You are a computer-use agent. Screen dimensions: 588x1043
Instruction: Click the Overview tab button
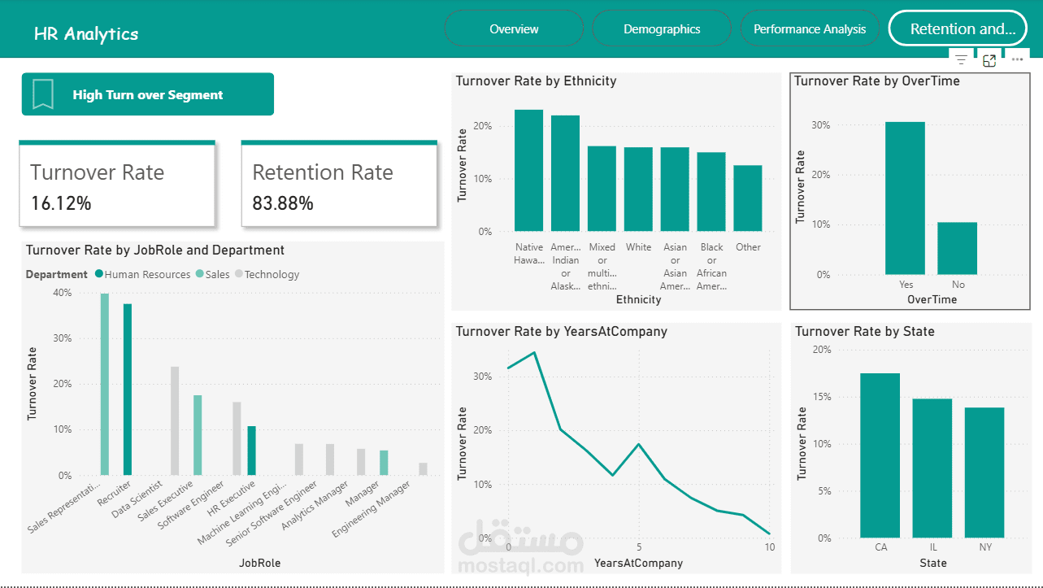pos(514,29)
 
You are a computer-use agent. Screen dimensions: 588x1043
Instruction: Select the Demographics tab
pos(662,29)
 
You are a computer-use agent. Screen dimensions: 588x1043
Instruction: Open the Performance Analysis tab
pos(810,29)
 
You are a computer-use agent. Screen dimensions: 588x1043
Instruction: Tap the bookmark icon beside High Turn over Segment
pos(43,94)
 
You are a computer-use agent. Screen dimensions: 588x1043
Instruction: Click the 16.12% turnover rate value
pos(61,203)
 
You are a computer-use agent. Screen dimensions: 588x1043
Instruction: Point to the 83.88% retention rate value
pos(283,203)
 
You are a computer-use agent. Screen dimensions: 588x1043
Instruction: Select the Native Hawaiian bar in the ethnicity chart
pos(529,171)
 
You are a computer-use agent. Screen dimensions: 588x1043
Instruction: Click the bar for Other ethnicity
pos(748,198)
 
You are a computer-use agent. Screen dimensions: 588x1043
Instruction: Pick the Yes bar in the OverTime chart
pos(906,198)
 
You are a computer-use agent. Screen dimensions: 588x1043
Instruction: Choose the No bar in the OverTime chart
pos(958,248)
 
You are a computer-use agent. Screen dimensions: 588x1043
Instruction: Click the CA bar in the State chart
pos(880,455)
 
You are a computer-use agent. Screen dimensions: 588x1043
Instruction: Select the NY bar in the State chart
pos(984,473)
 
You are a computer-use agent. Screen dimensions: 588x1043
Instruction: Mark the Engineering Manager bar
pos(423,468)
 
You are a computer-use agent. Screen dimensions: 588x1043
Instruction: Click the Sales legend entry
pos(217,275)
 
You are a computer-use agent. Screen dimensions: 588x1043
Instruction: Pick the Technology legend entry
pos(272,275)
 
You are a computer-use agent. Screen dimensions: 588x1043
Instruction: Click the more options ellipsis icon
pos(1017,59)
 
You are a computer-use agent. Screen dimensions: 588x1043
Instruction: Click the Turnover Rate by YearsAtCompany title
pos(562,332)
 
